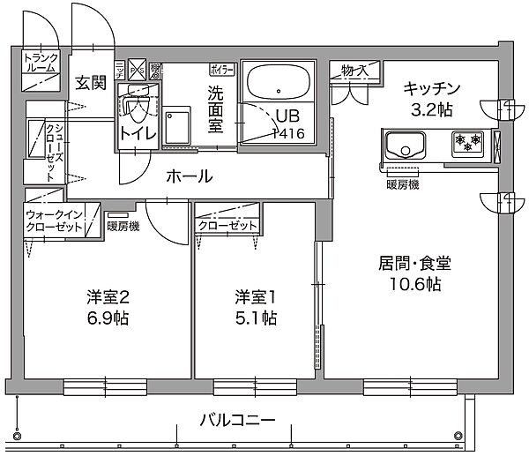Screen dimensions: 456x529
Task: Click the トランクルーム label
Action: (x=41, y=62)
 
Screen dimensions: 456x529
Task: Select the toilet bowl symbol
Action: (x=137, y=109)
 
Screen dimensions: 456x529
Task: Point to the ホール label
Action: (x=190, y=176)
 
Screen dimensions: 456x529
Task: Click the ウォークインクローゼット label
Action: (x=55, y=220)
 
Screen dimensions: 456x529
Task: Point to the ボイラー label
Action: (x=221, y=68)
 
